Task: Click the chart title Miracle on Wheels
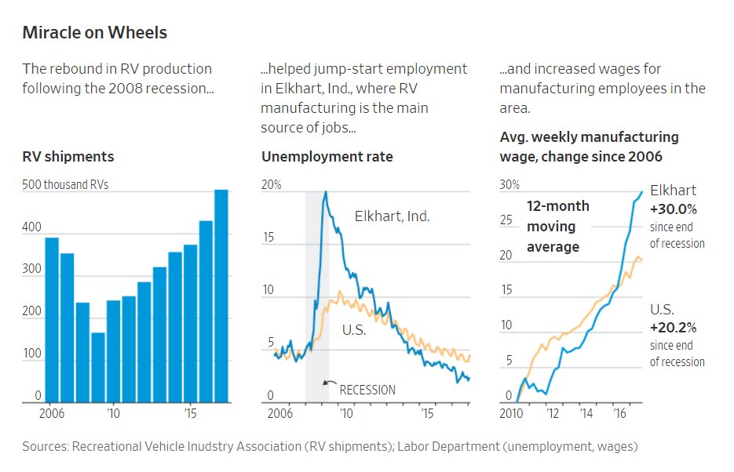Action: coord(94,33)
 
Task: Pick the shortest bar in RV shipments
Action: coord(98,367)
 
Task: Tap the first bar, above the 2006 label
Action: coord(52,319)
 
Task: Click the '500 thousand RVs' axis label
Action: coord(66,185)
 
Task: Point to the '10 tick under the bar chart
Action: coord(113,413)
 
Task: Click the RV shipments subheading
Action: coord(68,157)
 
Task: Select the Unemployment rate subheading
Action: coord(327,157)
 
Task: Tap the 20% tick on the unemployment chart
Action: coord(272,185)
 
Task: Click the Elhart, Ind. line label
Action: coord(392,216)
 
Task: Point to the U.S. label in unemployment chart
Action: coord(354,331)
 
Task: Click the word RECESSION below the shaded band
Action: coord(367,390)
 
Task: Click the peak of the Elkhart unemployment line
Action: coord(325,192)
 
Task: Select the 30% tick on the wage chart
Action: coord(509,185)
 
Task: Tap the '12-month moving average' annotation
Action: coord(557,227)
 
